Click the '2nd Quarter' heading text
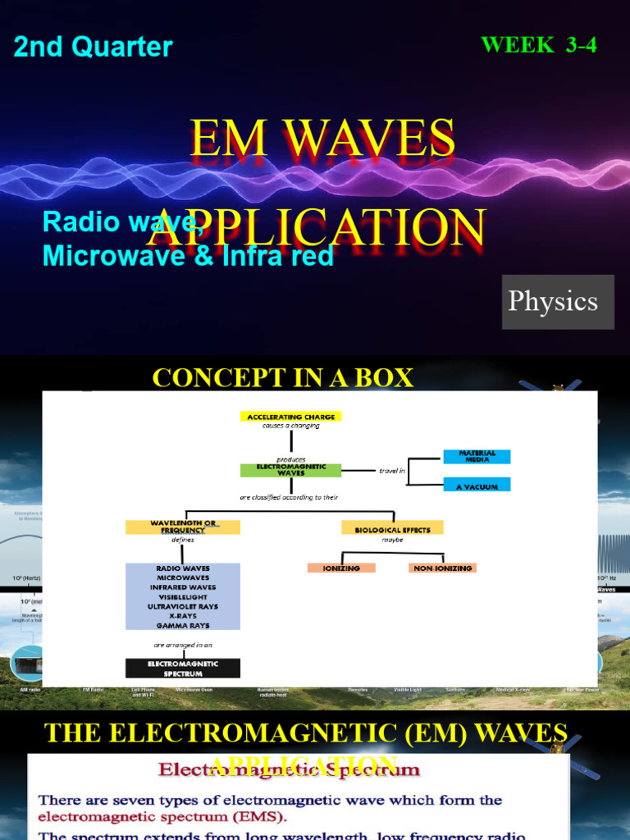tap(93, 47)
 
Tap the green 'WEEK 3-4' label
tap(538, 45)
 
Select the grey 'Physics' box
tap(558, 301)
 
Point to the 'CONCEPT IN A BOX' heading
tap(283, 378)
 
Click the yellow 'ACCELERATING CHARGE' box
tap(290, 417)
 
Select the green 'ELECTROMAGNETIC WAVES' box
tap(290, 470)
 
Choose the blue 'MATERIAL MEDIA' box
tap(477, 456)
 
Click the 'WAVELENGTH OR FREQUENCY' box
tap(182, 527)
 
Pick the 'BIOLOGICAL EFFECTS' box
tap(392, 530)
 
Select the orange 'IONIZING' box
tap(341, 568)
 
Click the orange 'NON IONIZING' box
tap(442, 568)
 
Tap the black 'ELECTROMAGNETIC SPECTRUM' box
tap(182, 668)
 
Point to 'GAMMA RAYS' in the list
tap(182, 625)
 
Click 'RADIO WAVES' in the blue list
tap(182, 568)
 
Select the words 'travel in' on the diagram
tap(392, 472)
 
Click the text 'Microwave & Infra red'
tap(188, 256)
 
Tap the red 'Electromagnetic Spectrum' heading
tap(290, 771)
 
